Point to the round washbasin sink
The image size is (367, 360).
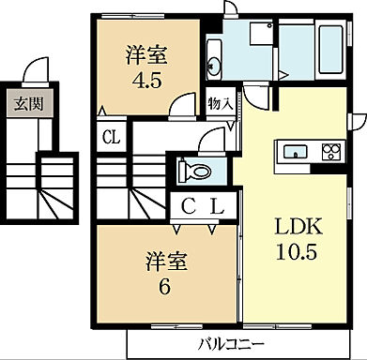212,66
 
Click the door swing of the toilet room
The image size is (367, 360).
211,142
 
